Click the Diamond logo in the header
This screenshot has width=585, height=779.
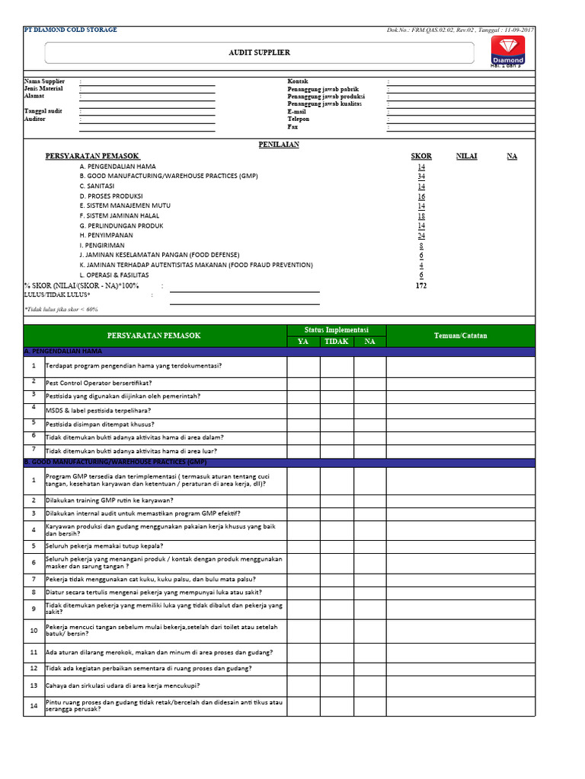pos(507,51)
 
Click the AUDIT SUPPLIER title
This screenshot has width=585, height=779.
pos(260,52)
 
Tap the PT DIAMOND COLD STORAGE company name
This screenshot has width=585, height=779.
pos(71,30)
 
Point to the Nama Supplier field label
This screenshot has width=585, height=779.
pos(45,81)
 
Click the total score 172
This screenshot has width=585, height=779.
pos(421,285)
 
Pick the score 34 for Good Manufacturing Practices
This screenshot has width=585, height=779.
pos(421,176)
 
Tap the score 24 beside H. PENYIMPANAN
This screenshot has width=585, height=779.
pos(421,236)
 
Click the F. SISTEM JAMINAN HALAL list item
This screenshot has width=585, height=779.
pos(121,216)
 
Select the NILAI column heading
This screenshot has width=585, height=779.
pos(467,156)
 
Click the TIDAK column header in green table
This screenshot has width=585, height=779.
pos(337,342)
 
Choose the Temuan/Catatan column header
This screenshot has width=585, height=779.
pos(460,335)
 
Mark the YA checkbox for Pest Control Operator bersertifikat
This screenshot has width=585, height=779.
pos(303,383)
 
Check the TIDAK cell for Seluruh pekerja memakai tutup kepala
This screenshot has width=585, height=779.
pos(337,546)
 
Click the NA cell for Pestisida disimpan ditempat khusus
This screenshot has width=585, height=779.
pos(369,424)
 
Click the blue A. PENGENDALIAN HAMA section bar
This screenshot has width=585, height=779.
pos(279,352)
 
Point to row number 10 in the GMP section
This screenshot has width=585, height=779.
pos(34,631)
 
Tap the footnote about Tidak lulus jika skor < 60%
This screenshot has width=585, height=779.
pos(62,310)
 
